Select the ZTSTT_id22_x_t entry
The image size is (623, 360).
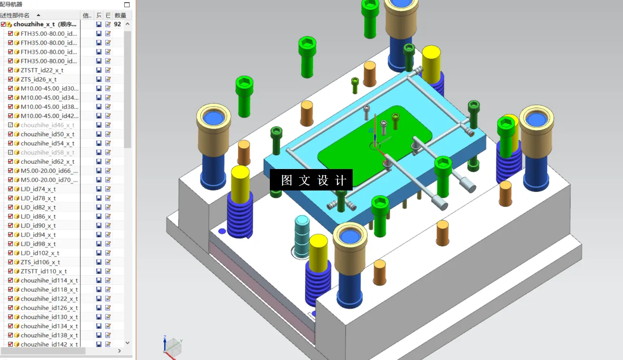(x=42, y=70)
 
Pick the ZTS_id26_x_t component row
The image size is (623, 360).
(x=39, y=80)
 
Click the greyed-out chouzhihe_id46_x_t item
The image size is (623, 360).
(x=47, y=125)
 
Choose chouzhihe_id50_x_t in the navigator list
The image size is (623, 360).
(x=47, y=134)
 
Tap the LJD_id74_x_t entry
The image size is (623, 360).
(x=38, y=189)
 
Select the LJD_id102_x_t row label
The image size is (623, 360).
(x=40, y=253)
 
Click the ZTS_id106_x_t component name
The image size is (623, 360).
(x=40, y=262)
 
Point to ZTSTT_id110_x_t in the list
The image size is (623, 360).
(x=43, y=271)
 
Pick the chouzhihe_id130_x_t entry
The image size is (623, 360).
(x=49, y=317)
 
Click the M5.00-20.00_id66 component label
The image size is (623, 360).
(x=49, y=171)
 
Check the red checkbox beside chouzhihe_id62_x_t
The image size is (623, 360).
(x=11, y=162)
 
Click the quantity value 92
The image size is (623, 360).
(x=118, y=24)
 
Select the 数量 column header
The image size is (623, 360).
(x=120, y=16)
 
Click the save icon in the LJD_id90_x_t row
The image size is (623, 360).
(x=99, y=226)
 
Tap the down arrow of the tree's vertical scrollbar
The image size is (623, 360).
(x=127, y=342)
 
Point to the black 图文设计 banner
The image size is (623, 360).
(x=311, y=180)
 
